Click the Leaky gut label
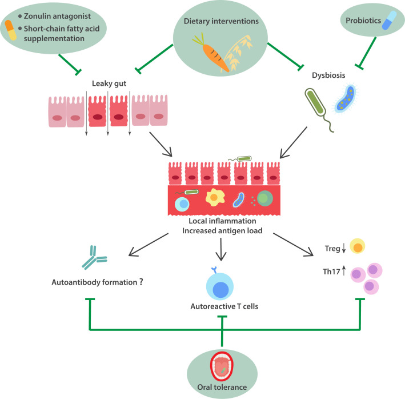[109, 85]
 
